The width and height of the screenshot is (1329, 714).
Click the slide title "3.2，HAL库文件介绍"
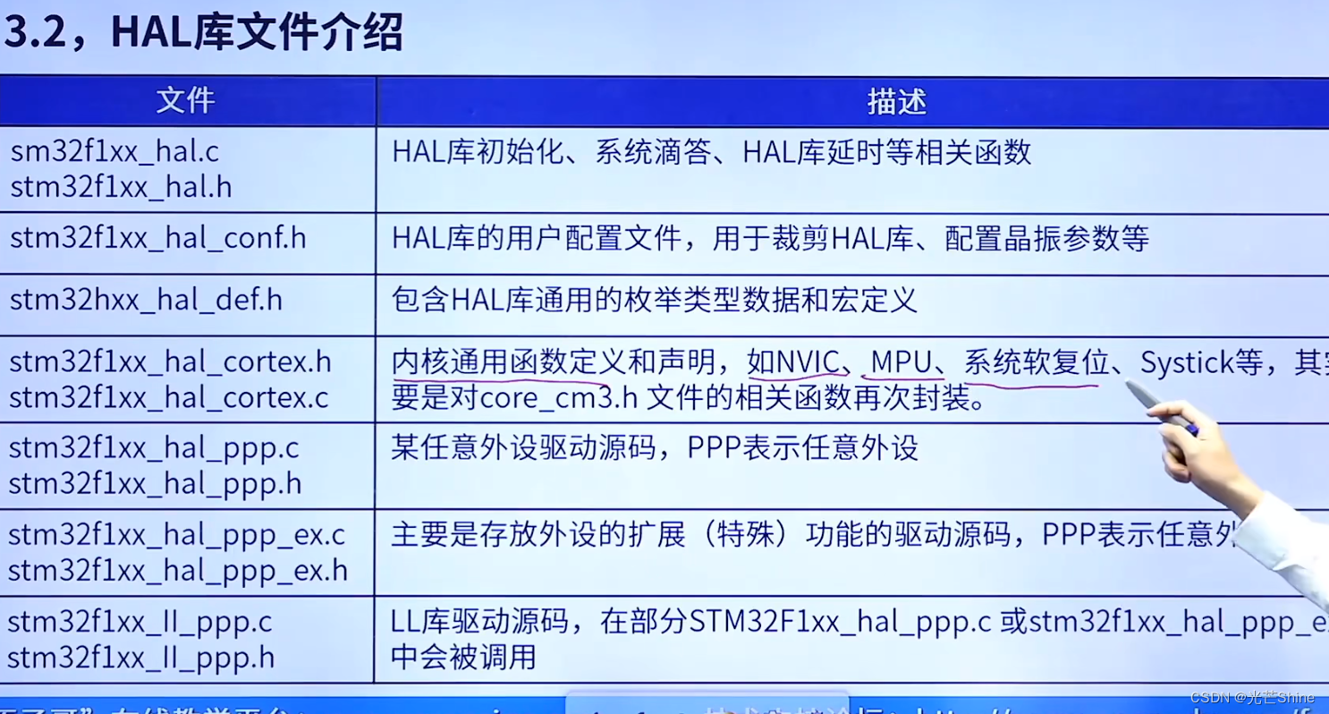tap(204, 32)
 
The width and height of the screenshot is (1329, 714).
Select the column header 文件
tap(186, 101)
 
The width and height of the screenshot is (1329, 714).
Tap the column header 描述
tap(896, 102)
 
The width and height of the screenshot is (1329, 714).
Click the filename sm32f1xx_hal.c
tap(114, 151)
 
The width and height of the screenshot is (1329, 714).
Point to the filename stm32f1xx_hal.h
tap(121, 187)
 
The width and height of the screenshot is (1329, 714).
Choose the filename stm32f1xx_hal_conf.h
tap(157, 238)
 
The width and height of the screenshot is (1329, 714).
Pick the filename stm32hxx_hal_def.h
tap(146, 300)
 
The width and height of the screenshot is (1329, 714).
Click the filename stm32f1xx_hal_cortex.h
tap(170, 361)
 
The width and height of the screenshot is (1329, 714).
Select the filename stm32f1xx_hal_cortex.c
tap(168, 397)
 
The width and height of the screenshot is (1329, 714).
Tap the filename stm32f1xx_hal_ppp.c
tap(154, 447)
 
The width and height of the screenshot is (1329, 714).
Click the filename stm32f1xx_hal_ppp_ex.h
tap(178, 570)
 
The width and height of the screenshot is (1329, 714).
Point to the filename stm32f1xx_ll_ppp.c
tap(140, 622)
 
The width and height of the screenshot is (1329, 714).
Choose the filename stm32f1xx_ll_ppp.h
tap(140, 658)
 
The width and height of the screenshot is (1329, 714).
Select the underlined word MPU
tap(901, 362)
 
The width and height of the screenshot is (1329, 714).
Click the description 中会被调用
tap(463, 658)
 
